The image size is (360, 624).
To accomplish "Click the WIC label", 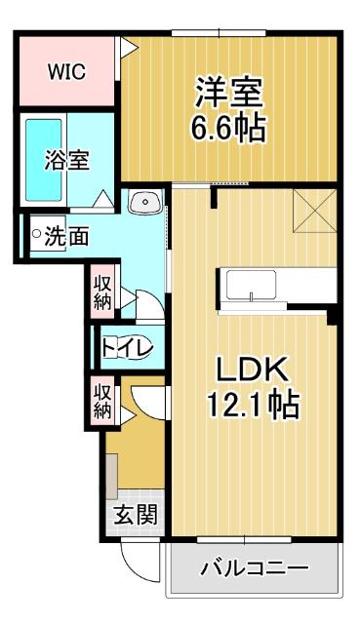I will tap(65, 71).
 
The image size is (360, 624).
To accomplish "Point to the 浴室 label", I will tap(67, 159).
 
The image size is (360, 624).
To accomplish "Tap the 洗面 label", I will tap(67, 235).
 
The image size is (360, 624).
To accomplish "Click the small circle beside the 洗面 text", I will tap(36, 234).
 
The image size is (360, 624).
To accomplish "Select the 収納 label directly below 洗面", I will tap(102, 291).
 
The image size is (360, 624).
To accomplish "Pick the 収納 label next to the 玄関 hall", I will tap(102, 400).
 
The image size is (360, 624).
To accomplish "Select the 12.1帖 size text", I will tap(251, 402).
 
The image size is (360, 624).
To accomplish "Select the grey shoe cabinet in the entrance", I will tap(113, 478).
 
